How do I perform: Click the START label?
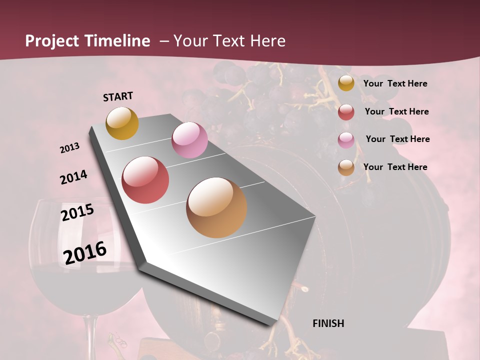pos(118,96)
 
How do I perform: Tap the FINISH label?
pos(328,323)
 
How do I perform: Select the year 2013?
pos(70,148)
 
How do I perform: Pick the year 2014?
pos(73,177)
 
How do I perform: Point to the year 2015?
pos(77,212)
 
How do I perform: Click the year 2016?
pos(85,252)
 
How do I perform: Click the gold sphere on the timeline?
pos(122,123)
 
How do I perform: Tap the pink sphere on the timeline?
pos(189,140)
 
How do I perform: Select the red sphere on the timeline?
pos(145,180)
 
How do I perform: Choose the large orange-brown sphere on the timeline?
pos(216,207)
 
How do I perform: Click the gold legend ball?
pos(346,83)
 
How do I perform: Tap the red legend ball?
pos(346,112)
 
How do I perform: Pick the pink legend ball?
pos(346,139)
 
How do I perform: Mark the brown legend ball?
pos(346,167)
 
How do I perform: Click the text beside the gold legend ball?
pos(395,83)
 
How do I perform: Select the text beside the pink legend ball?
pos(397,139)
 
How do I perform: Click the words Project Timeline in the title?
pos(87,41)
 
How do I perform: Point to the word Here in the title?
pos(267,41)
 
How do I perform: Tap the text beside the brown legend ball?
pos(395,167)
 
